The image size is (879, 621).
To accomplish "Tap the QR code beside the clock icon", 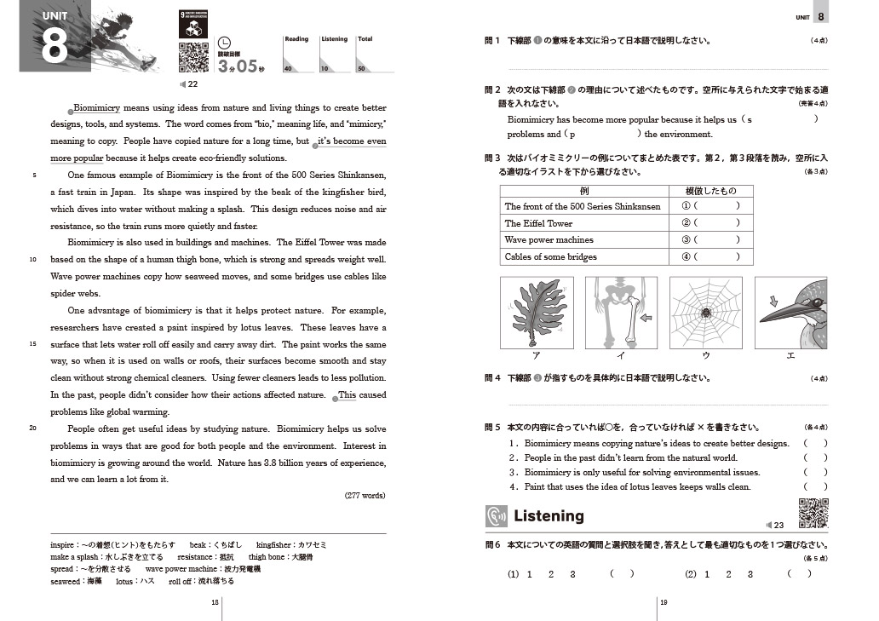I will pos(193,57).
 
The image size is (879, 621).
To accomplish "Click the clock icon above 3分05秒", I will pos(225,43).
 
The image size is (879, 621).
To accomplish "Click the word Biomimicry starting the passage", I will pos(98,108).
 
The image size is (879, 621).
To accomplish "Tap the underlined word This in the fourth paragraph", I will pos(348,395).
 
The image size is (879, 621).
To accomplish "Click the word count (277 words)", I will pos(365,496).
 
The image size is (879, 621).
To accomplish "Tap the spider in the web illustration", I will pos(706,313).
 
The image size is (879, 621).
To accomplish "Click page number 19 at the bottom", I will pos(664,602).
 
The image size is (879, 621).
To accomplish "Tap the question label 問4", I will pos(491,378).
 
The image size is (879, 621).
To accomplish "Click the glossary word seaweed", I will pos(65,581).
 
